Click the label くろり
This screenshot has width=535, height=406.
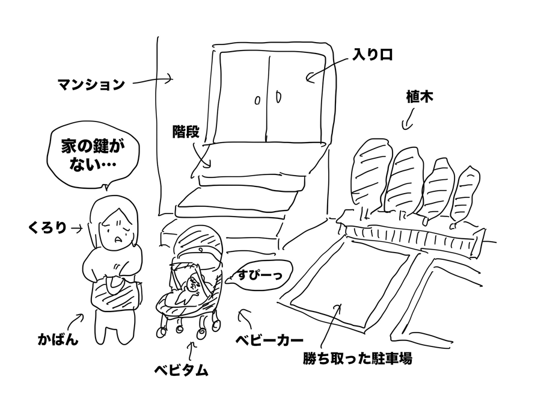click(47, 229)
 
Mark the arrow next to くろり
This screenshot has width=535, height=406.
click(77, 229)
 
